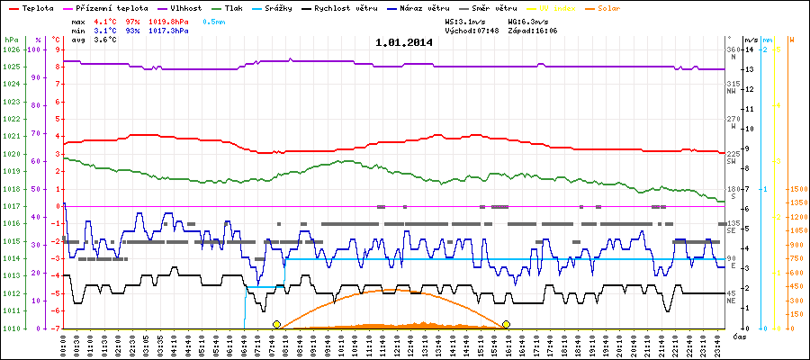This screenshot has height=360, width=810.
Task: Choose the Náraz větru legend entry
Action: coord(418,7)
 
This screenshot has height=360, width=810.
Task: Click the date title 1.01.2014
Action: coord(404,41)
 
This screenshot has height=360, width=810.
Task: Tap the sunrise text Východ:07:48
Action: coord(472,30)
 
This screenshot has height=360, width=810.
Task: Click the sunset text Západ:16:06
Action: coord(533,30)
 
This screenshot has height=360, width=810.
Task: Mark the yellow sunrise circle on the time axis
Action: coord(276,324)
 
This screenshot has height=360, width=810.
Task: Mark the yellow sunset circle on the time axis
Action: coord(507,324)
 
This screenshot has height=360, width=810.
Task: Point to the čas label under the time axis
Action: coord(738,335)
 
